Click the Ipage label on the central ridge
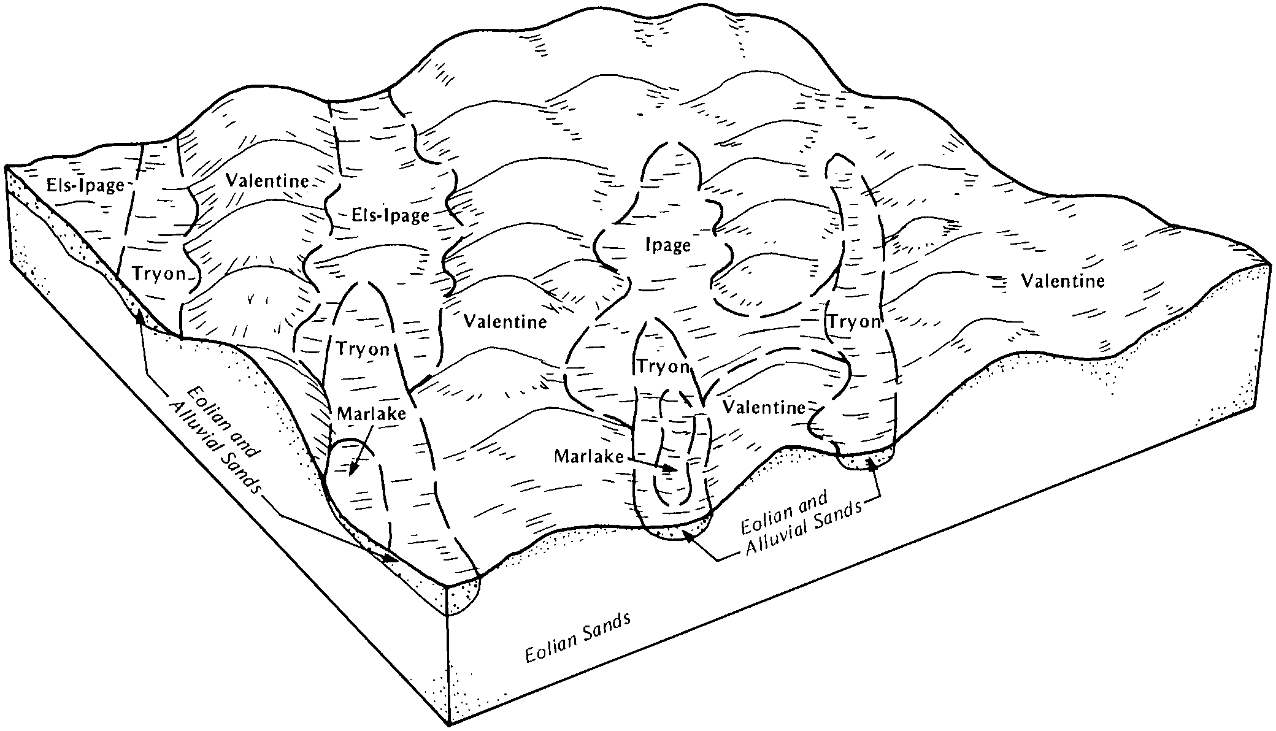click(668, 246)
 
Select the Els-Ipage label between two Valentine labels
click(390, 215)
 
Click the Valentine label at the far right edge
click(1063, 281)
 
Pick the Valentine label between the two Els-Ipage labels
click(267, 181)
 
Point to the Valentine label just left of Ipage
click(505, 321)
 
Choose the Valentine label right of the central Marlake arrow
click(764, 407)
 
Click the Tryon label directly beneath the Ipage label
click(663, 367)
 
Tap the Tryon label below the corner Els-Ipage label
click(159, 274)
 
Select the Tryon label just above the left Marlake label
click(363, 350)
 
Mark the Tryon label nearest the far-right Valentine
click(854, 323)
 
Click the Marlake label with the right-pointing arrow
click(589, 456)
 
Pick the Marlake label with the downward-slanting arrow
click(372, 414)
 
